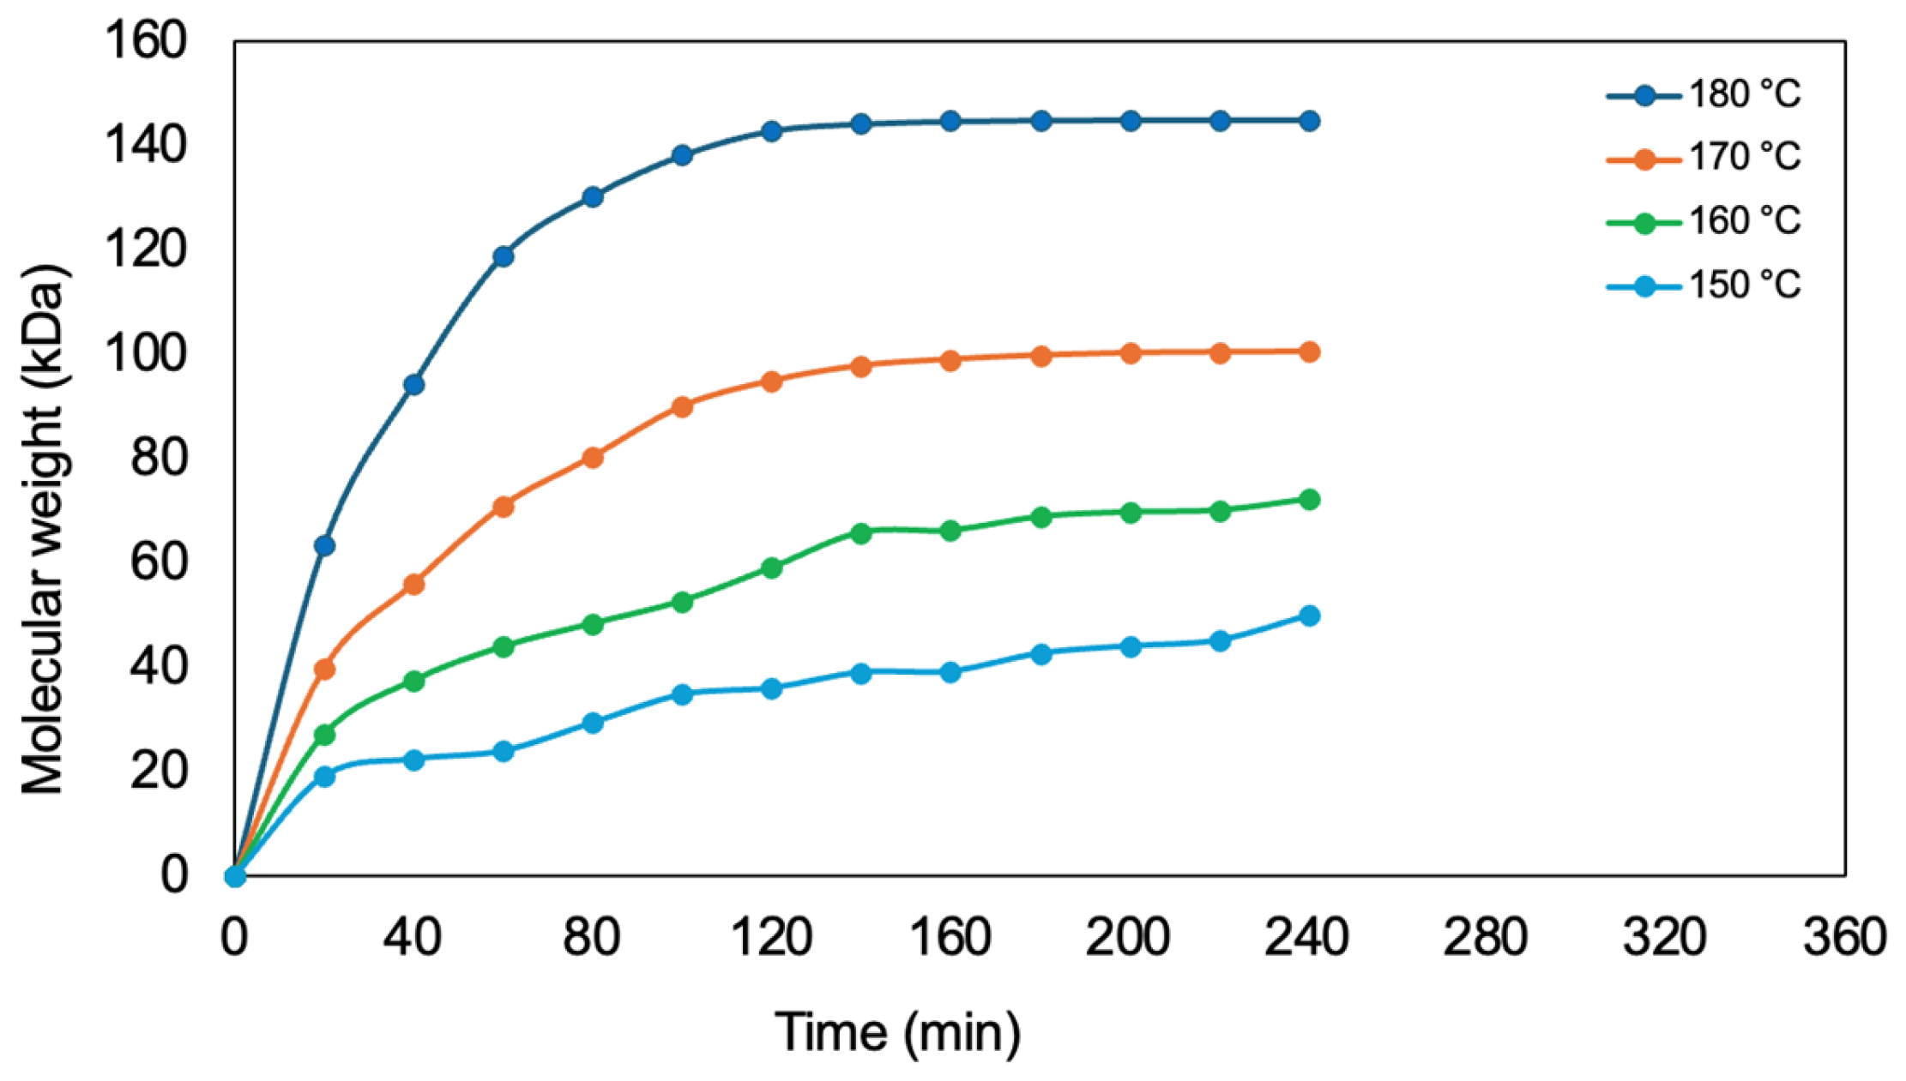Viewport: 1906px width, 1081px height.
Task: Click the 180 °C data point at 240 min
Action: [x=1309, y=121]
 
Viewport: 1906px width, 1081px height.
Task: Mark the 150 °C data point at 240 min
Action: [x=1309, y=616]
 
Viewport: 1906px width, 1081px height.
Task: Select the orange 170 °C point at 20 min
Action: [x=324, y=669]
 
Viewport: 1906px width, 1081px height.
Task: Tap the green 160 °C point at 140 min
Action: [x=861, y=532]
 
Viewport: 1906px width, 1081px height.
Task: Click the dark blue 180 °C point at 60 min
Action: [x=504, y=256]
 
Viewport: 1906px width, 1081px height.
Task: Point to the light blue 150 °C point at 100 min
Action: [x=682, y=694]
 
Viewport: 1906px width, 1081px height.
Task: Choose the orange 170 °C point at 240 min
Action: [x=1309, y=351]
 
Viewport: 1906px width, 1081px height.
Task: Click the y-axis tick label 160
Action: [x=145, y=40]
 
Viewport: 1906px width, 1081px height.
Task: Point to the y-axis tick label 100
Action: [x=145, y=353]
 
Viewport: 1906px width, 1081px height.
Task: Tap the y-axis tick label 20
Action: [x=158, y=772]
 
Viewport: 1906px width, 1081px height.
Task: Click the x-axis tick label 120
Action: [x=771, y=937]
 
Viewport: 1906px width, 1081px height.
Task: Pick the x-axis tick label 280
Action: [x=1486, y=937]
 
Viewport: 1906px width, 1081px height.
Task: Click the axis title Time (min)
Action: [x=898, y=1031]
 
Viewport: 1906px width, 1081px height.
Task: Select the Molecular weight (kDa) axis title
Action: [x=43, y=531]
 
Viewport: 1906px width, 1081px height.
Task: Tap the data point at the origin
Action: [x=235, y=876]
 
